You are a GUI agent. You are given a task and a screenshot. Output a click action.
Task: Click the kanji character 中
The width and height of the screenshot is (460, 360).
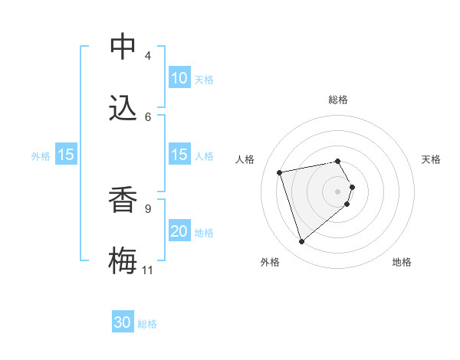click(x=123, y=47)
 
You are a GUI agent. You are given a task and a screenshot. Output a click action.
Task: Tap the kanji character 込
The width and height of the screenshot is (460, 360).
click(x=123, y=109)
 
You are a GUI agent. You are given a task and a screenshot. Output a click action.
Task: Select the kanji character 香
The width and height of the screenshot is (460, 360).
click(x=123, y=200)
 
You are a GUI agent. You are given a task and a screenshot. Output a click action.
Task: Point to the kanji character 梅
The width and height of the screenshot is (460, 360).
click(x=123, y=261)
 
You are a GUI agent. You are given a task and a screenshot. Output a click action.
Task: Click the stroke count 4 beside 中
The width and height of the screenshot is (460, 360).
click(x=148, y=56)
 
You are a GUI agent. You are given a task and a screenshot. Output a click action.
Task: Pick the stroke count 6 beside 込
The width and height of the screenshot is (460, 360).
click(x=148, y=116)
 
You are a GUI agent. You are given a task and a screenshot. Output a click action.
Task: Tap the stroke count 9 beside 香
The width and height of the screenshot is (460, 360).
click(x=148, y=208)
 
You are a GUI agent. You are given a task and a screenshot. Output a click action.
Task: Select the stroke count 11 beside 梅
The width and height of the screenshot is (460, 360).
click(x=148, y=270)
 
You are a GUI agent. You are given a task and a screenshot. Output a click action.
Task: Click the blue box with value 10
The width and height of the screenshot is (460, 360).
click(x=179, y=78)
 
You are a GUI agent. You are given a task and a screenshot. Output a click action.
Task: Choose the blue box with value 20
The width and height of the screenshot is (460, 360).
click(x=179, y=231)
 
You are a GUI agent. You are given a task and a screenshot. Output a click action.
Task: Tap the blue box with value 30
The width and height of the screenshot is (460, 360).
click(x=123, y=323)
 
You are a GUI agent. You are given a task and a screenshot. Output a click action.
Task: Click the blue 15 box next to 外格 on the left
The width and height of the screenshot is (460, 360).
click(x=66, y=155)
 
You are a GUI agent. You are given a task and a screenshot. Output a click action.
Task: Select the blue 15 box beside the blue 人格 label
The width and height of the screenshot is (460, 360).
click(x=179, y=155)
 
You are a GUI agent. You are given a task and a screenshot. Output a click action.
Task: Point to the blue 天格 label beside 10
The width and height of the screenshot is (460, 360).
click(x=204, y=79)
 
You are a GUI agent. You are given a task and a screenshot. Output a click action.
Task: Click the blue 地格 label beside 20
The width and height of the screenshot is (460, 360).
click(x=204, y=232)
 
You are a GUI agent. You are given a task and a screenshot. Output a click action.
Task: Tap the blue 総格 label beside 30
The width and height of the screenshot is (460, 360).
click(x=147, y=324)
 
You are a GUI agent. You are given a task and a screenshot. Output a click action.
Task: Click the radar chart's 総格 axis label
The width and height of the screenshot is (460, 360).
click(x=338, y=100)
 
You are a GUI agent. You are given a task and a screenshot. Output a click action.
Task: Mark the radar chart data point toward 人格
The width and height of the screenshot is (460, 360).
click(x=280, y=172)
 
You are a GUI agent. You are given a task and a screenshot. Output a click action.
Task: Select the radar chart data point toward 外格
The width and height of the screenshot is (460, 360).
click(x=301, y=241)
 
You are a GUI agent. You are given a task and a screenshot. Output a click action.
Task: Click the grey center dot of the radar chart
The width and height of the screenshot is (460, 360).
click(x=338, y=190)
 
